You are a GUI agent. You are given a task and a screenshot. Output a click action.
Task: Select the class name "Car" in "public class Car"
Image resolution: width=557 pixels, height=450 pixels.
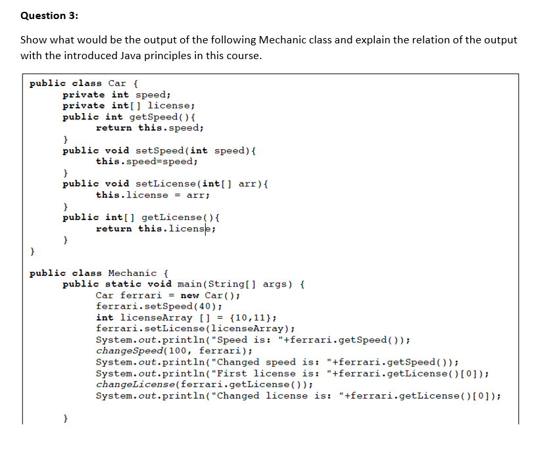click(x=117, y=83)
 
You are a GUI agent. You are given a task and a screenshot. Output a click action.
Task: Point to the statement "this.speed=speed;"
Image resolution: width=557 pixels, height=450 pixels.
click(x=146, y=162)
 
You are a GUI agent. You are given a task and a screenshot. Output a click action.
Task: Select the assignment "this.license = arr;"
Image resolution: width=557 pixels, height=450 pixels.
click(x=153, y=195)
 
